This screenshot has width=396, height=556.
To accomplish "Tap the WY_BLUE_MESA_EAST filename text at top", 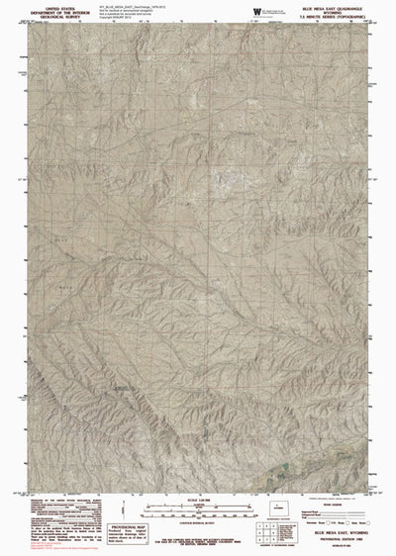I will [129, 4].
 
